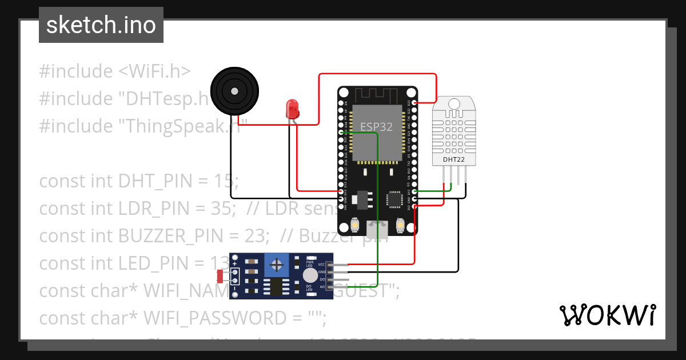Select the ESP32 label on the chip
click(376, 127)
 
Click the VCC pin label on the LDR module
click(322, 265)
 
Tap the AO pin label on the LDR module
click(322, 286)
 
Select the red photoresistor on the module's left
click(221, 277)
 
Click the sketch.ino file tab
click(101, 25)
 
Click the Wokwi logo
click(607, 315)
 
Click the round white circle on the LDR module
click(303, 275)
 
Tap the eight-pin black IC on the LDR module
click(277, 286)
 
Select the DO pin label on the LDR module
click(322, 279)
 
